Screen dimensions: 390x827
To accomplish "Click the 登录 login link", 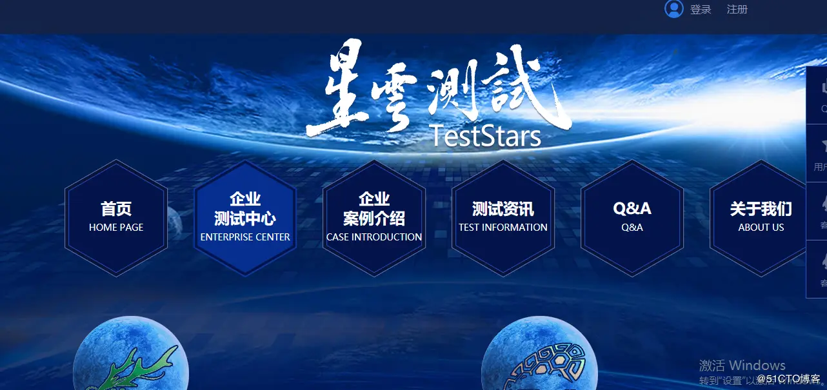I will [701, 10].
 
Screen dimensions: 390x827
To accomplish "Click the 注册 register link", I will [737, 10].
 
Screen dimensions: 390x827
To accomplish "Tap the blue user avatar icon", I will [673, 9].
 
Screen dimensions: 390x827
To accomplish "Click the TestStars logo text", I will [485, 136].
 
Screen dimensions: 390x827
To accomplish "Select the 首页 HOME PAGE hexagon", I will [116, 217].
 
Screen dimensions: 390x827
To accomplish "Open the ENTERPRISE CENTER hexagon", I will [245, 217].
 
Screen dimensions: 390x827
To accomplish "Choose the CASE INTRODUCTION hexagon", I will [374, 217].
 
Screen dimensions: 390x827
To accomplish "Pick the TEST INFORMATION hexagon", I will [503, 217].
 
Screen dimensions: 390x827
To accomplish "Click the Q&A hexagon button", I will [632, 217].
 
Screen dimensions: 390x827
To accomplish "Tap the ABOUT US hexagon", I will [761, 217].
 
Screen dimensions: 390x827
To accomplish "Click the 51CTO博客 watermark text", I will [788, 378].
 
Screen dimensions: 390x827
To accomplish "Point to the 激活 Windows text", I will [742, 366].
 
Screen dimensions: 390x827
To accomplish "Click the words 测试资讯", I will [503, 209].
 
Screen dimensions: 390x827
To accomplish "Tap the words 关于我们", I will [761, 209].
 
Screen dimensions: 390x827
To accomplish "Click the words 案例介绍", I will [374, 219].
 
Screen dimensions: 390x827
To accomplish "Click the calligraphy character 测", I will [452, 90].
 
